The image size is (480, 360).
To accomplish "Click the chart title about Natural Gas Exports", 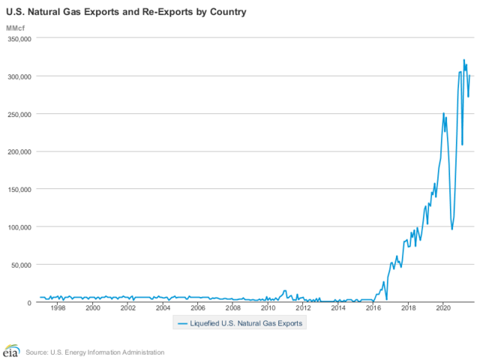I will [125, 13].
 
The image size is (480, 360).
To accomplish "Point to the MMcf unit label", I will [16, 28].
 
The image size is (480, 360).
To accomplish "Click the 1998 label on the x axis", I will [58, 307].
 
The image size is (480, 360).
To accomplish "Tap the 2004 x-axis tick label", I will [163, 307].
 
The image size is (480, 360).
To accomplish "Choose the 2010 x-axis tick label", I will [268, 307].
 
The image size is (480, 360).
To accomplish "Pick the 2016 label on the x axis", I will [373, 307].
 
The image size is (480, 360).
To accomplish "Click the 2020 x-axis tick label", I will [442, 307].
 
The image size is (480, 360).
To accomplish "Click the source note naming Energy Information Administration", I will [94, 352].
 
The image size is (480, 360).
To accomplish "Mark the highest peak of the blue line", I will [463, 60].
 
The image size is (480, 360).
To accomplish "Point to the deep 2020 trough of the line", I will [451, 229].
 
